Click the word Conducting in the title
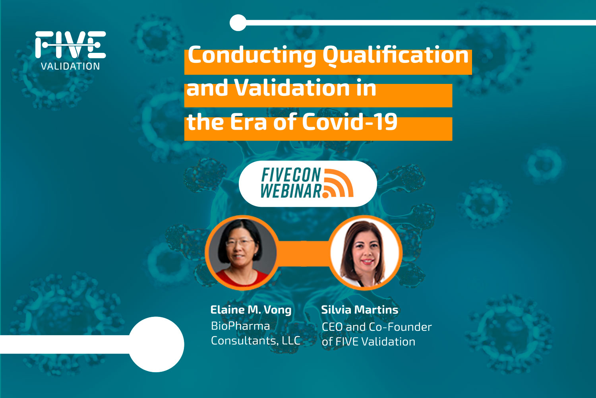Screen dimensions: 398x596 (252, 55)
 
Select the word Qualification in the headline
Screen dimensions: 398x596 (395, 55)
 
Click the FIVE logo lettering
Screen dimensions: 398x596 (71, 45)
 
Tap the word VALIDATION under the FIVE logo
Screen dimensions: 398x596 (71, 66)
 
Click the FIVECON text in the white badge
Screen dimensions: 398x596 (291, 175)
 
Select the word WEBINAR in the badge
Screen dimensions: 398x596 (291, 191)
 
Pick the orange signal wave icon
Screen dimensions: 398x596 (338, 183)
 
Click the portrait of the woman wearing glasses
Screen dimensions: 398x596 (241, 252)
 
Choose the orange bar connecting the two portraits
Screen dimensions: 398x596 (303, 253)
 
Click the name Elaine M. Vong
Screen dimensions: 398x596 (251, 310)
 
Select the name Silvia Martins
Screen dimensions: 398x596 (360, 310)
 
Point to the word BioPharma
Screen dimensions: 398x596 (240, 326)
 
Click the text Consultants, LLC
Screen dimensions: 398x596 (255, 341)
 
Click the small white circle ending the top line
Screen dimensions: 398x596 (238, 23)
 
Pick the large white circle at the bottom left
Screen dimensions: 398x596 (157, 344)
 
